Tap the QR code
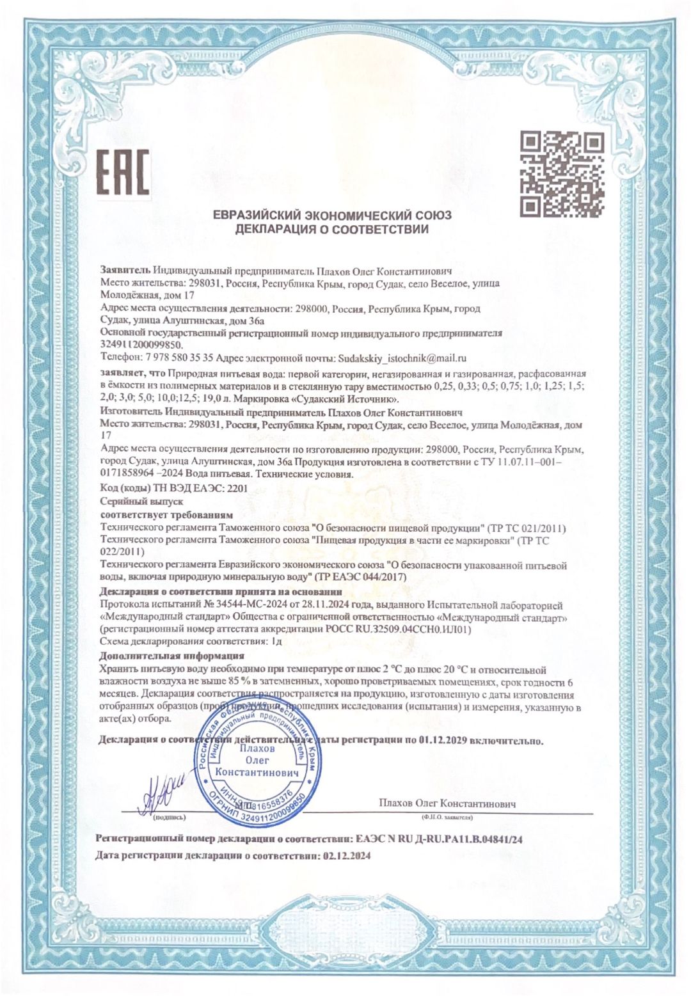point(561,174)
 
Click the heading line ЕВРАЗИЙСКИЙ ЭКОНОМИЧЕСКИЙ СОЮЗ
point(332,215)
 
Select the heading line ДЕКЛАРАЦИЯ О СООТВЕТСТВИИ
point(331,229)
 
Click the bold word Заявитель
point(125,270)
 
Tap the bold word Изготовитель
point(131,413)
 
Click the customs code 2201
point(237,489)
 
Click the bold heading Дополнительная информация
point(172,656)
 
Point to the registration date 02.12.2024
point(347,855)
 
